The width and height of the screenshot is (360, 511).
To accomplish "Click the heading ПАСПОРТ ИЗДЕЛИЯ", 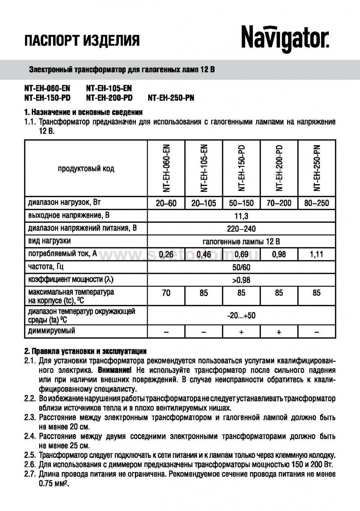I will coord(82,41).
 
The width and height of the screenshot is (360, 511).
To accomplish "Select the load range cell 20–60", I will coord(166,203).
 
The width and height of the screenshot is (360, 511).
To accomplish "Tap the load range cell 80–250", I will coord(316,203).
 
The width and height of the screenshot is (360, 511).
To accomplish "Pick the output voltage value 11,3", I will coord(241,216).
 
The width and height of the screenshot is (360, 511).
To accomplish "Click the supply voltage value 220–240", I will coord(241,229).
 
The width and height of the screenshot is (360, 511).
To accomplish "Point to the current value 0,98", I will coord(279,254).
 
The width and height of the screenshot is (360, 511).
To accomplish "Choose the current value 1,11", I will coord(316,254).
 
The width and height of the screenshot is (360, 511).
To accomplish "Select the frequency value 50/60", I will coord(241,267).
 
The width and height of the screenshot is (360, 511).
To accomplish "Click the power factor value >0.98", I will coord(241,280).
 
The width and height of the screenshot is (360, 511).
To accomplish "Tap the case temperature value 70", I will coord(166,293).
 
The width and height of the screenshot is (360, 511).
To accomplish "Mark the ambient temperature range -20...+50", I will coord(241,315).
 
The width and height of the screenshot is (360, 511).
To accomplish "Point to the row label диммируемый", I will coord(51,331).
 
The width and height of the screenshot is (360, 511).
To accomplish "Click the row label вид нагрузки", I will coord(49,241).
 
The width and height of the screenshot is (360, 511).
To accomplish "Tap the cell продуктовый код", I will coord(86,169).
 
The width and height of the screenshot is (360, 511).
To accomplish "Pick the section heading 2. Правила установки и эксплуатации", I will coord(85,351).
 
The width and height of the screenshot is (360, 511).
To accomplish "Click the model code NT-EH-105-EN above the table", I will coord(109,89).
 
